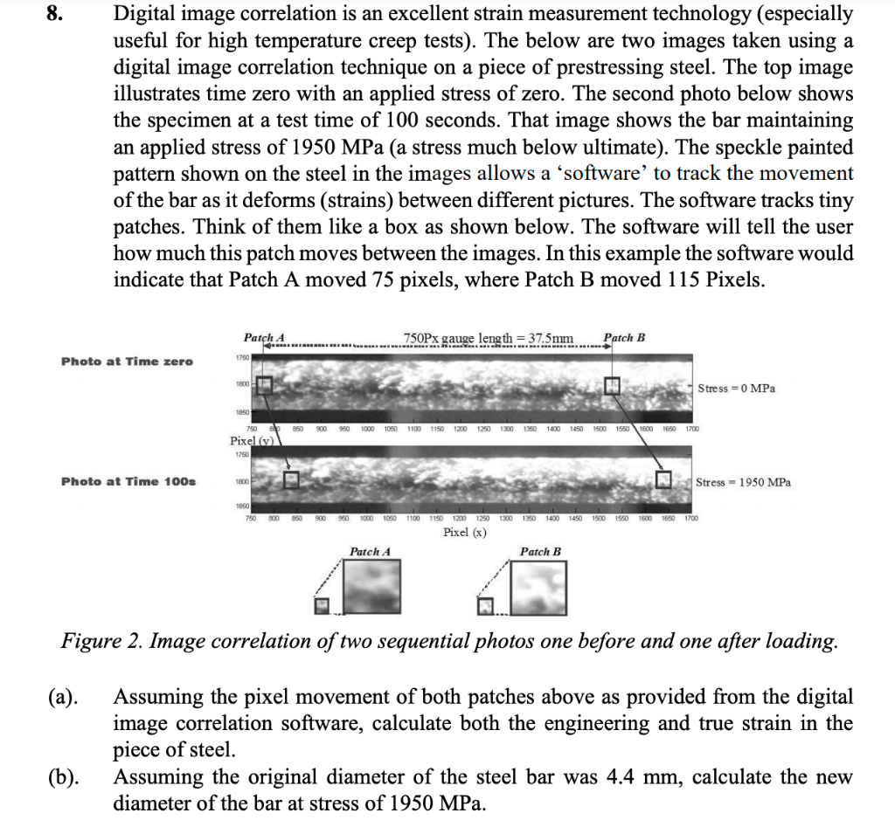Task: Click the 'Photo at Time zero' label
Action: [x=127, y=362]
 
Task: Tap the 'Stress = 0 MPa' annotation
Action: [x=736, y=388]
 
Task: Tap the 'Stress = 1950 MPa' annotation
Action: [x=743, y=482]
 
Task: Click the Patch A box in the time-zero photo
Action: [x=265, y=384]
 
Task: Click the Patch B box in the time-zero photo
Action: [x=614, y=384]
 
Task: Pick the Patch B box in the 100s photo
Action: [x=667, y=479]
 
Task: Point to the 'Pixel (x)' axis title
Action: [x=464, y=532]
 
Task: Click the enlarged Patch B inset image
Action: [x=540, y=586]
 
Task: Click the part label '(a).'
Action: [x=62, y=698]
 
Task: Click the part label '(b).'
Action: [x=62, y=777]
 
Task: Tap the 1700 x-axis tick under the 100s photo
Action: [x=690, y=518]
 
